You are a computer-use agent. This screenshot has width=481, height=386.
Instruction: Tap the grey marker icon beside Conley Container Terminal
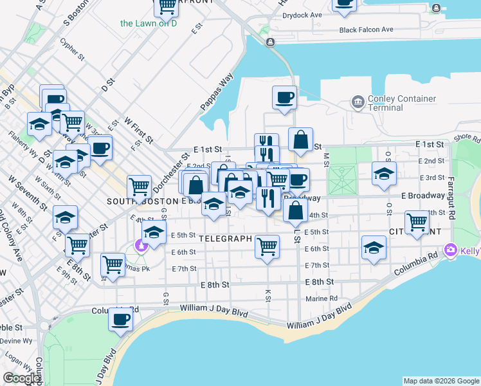click(x=357, y=102)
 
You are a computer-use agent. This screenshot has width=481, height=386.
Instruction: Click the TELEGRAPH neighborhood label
click(x=224, y=239)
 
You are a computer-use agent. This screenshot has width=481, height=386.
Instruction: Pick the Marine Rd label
click(x=322, y=299)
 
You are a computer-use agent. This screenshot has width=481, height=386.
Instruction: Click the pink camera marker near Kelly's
click(x=450, y=249)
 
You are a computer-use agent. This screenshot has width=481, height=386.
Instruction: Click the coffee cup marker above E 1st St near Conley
click(x=284, y=97)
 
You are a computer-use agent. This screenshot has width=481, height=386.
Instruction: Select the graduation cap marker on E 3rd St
click(x=384, y=173)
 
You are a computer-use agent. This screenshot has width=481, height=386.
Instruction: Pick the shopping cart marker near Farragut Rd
click(x=417, y=222)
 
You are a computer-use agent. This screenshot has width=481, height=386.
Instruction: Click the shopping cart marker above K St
click(x=267, y=245)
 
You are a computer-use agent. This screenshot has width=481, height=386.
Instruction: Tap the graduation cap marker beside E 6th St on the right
click(x=374, y=248)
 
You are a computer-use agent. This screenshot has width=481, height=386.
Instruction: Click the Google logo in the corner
click(x=21, y=378)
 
